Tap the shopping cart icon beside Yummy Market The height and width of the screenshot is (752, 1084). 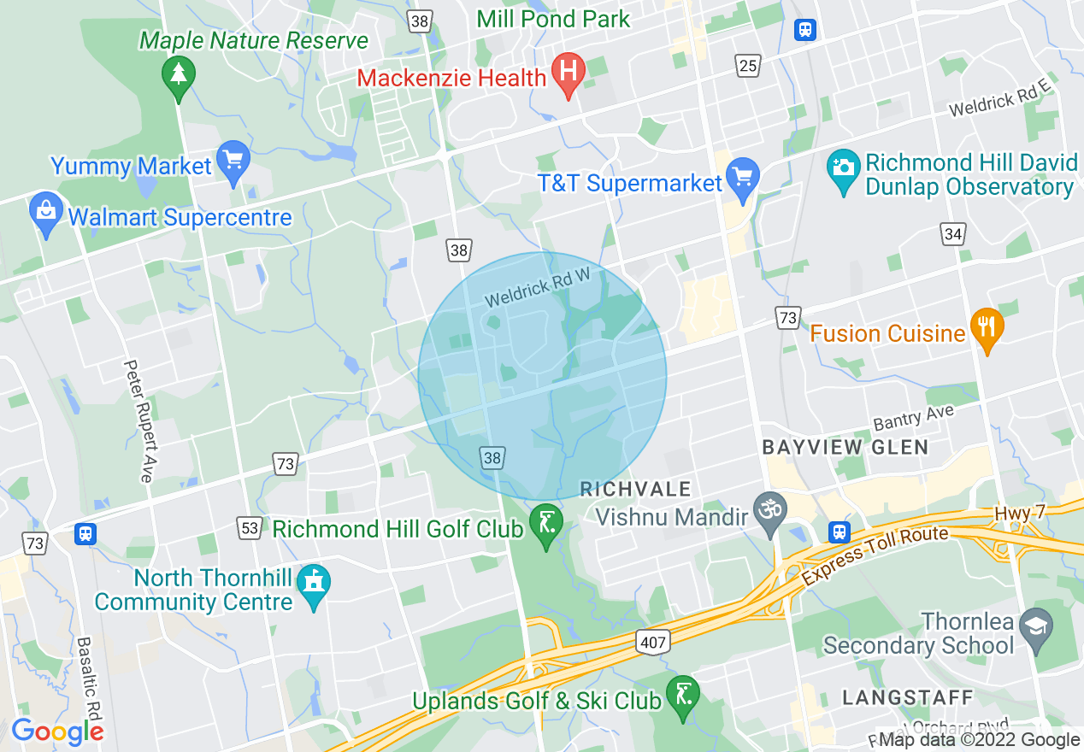tap(233, 160)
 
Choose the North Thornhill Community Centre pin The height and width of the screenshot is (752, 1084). tap(313, 584)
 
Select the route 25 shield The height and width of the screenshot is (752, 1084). tap(748, 65)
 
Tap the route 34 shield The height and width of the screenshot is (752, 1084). tap(953, 233)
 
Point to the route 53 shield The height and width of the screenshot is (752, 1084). tap(249, 528)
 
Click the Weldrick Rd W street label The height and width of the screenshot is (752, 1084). tap(539, 288)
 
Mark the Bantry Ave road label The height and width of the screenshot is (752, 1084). tap(913, 418)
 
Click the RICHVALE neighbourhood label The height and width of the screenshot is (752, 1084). tap(635, 489)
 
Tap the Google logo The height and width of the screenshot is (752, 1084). tap(57, 731)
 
